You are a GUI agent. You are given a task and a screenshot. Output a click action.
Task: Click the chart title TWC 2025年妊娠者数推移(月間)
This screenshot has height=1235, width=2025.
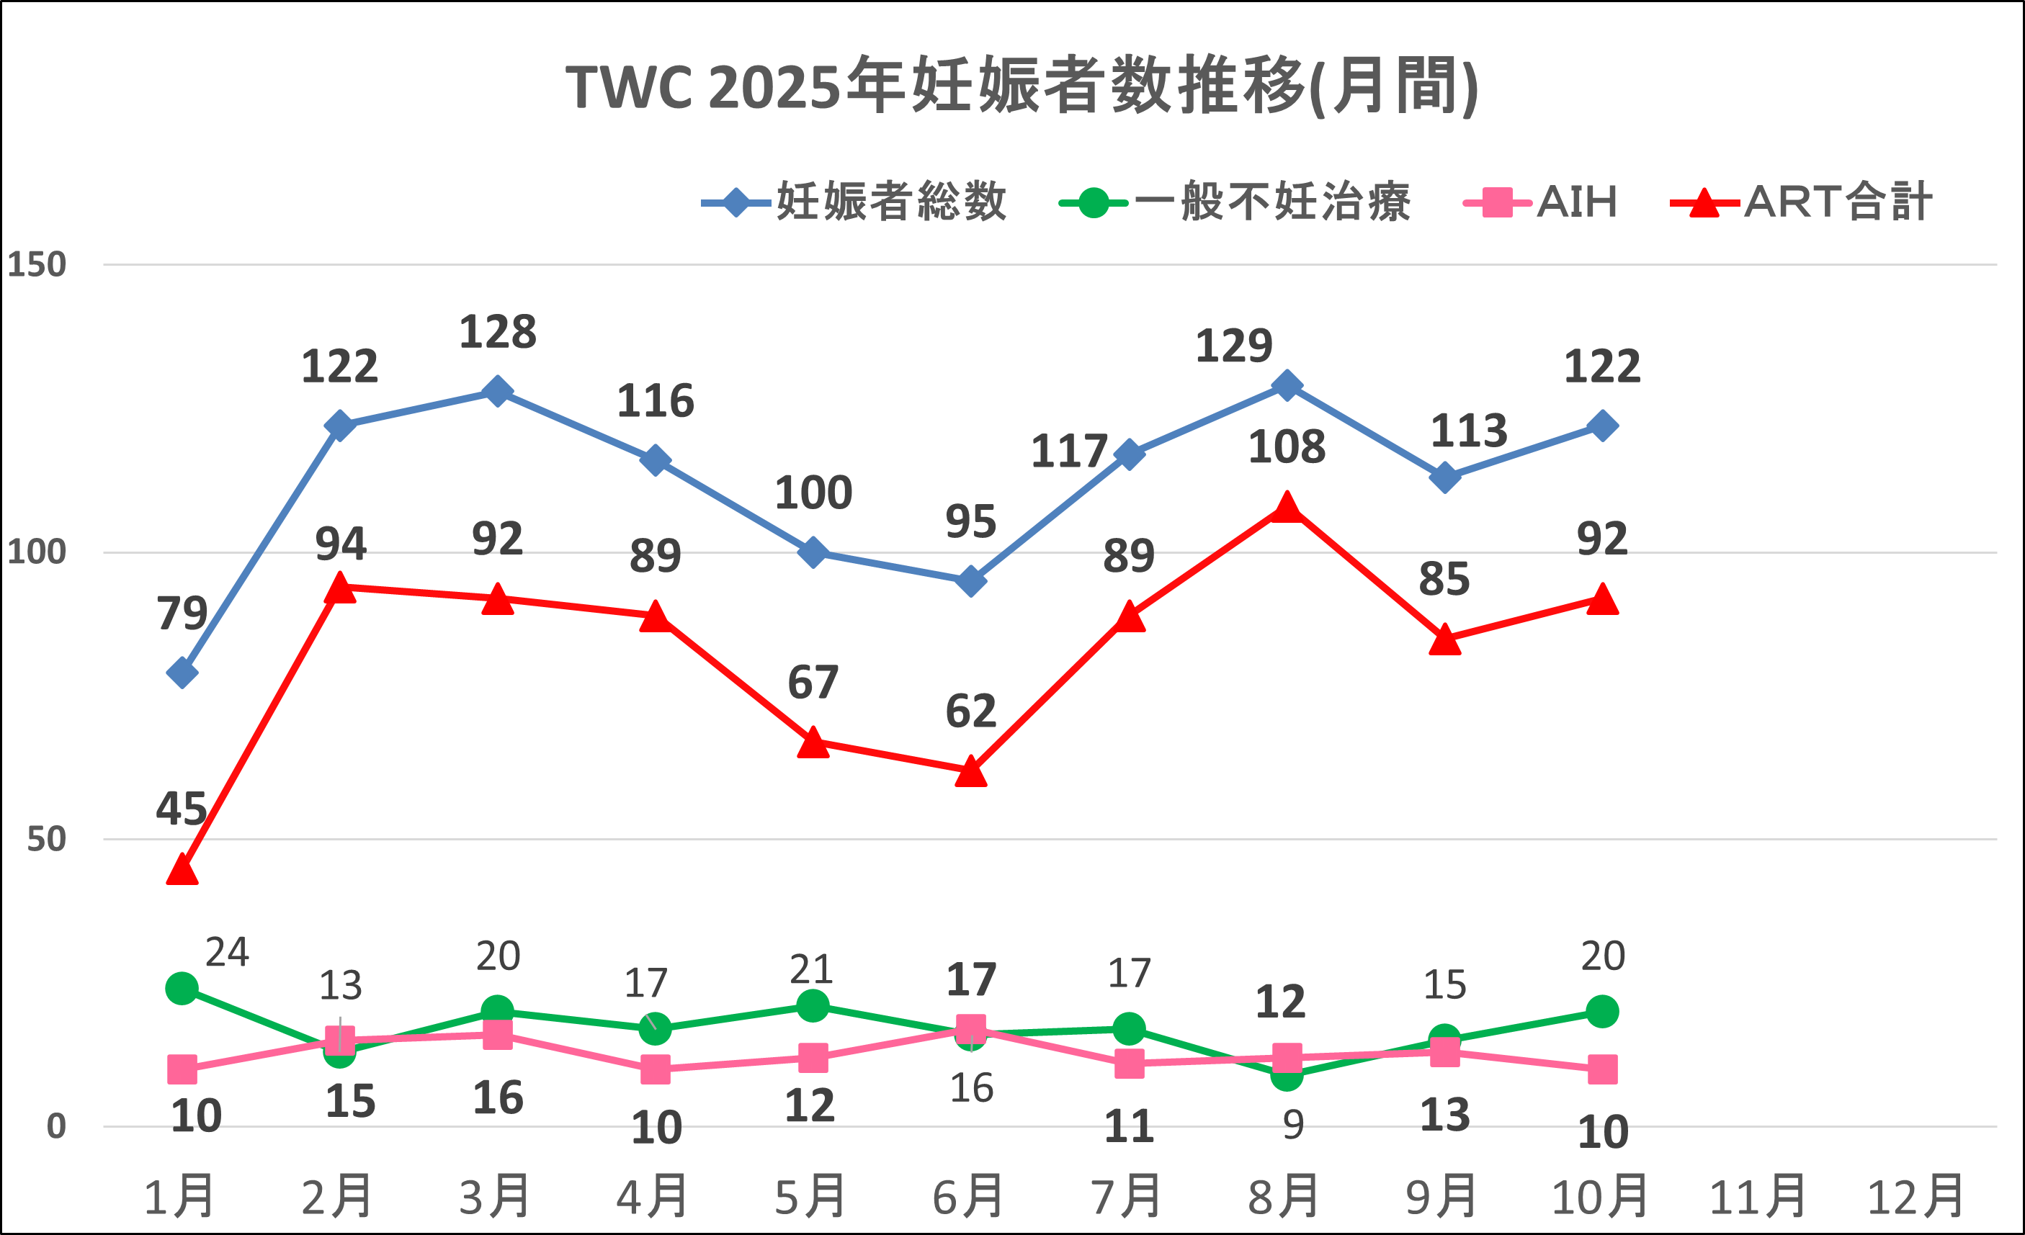click(1022, 86)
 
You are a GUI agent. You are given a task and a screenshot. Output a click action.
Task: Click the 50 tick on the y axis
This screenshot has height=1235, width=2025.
click(46, 840)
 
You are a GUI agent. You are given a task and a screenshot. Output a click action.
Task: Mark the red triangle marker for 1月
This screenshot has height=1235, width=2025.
click(182, 869)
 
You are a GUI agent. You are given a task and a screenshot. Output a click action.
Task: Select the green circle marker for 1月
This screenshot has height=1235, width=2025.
click(182, 989)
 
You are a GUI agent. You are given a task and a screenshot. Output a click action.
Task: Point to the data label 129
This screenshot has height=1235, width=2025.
click(1233, 346)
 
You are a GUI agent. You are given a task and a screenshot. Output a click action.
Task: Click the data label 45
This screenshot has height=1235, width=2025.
click(181, 809)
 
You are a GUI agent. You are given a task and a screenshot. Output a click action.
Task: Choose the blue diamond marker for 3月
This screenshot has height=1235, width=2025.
click(497, 391)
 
